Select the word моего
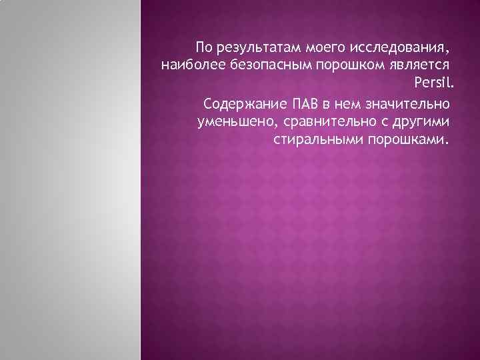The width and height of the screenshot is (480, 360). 323,49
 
